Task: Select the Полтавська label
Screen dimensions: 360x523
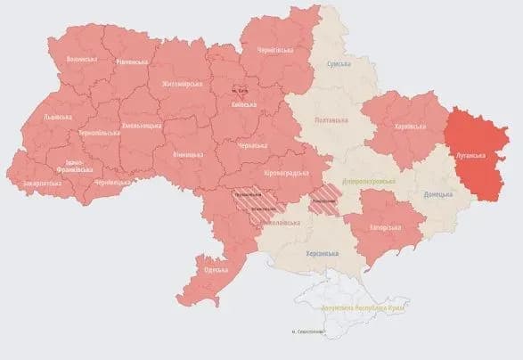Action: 331,119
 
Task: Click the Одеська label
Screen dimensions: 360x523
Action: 214,270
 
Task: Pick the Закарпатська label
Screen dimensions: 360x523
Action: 43,184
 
